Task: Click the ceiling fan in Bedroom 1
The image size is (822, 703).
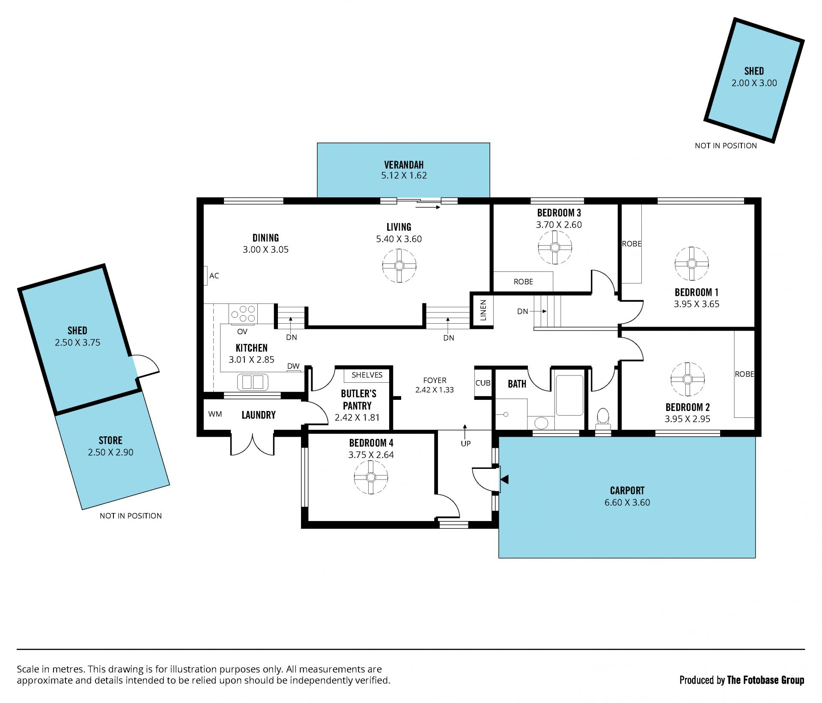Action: (691, 264)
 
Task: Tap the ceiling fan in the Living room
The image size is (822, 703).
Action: (399, 266)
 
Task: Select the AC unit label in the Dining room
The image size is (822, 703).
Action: (214, 276)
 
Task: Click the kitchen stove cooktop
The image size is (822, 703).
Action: (243, 313)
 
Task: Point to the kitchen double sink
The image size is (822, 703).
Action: (253, 382)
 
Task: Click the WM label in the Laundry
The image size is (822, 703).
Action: (215, 414)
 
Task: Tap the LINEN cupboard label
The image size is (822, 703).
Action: (483, 310)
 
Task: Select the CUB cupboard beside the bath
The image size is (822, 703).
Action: (483, 383)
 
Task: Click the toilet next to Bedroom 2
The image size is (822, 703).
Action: (603, 419)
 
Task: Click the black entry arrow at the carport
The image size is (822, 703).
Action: (504, 480)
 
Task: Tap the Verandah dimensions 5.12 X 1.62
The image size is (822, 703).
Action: (404, 176)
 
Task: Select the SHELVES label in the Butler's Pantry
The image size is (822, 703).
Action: (367, 375)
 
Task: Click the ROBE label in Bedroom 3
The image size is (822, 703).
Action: (523, 282)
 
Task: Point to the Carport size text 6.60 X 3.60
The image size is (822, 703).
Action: (627, 503)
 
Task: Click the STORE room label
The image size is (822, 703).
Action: (110, 441)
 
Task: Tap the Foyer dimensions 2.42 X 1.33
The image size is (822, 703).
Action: (435, 390)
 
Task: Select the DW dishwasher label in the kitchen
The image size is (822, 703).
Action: (293, 366)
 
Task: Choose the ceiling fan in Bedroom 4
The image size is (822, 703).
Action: (371, 477)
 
